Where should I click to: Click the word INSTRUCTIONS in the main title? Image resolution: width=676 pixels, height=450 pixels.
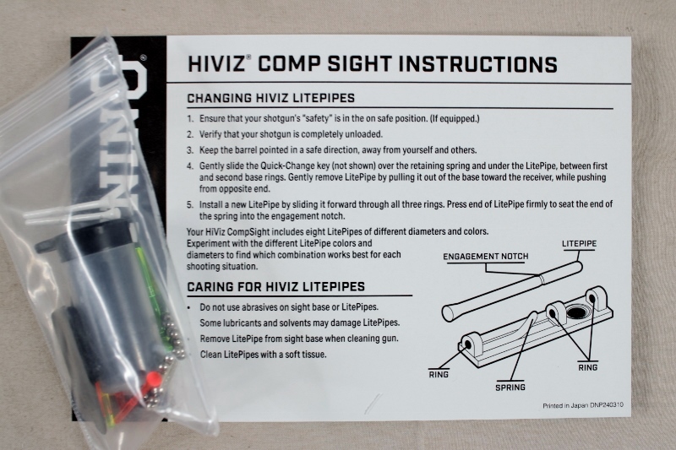(477, 64)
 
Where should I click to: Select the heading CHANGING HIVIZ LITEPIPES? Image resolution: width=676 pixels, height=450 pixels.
(270, 98)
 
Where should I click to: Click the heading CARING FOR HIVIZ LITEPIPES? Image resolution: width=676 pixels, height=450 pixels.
(276, 287)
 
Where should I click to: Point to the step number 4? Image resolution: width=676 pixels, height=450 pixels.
(190, 166)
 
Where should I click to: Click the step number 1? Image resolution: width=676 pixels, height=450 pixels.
(190, 119)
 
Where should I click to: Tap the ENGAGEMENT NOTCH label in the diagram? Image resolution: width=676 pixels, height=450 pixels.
(485, 257)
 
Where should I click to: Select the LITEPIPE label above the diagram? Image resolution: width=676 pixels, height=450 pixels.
(579, 244)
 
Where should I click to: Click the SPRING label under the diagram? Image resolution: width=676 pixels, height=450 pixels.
(510, 388)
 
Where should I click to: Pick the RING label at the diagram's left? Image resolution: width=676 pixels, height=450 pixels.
(439, 375)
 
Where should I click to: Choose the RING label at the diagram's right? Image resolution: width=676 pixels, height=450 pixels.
(587, 367)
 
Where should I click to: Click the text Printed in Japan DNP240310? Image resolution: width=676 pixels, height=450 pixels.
(583, 405)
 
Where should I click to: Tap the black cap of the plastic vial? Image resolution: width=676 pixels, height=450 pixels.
(95, 241)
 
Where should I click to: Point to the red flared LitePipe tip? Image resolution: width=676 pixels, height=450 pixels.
(153, 380)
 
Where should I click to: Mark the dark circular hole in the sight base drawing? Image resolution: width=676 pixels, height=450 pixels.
(577, 312)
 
